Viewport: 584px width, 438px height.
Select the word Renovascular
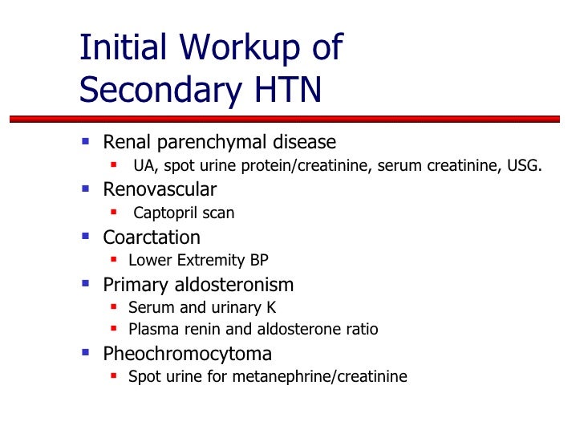click(x=160, y=190)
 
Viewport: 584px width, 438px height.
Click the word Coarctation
click(x=152, y=237)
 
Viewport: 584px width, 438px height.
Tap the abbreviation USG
click(x=525, y=167)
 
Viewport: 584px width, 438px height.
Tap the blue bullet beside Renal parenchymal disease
click(x=86, y=143)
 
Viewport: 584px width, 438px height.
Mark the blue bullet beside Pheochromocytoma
click(x=86, y=353)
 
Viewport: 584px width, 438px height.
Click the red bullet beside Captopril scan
click(x=113, y=213)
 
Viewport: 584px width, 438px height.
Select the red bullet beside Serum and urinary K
click(x=113, y=306)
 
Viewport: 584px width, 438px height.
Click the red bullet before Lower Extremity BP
click(x=113, y=259)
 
